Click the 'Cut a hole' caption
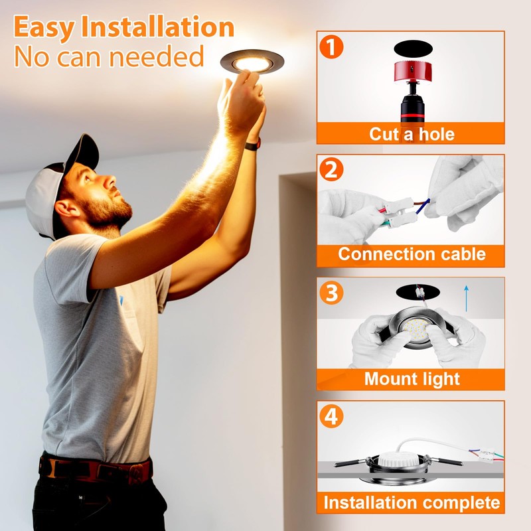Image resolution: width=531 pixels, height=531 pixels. (x=412, y=134)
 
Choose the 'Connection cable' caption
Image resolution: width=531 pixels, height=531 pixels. (x=412, y=254)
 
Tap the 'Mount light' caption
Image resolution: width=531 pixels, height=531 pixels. (x=412, y=379)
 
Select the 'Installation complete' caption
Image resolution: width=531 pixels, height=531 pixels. (x=412, y=502)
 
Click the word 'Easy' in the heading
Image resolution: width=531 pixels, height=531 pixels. (x=44, y=28)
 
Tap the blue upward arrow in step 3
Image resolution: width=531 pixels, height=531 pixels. (x=467, y=298)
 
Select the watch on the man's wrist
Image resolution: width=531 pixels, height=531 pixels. (x=252, y=144)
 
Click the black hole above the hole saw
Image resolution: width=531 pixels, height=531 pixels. (x=412, y=48)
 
